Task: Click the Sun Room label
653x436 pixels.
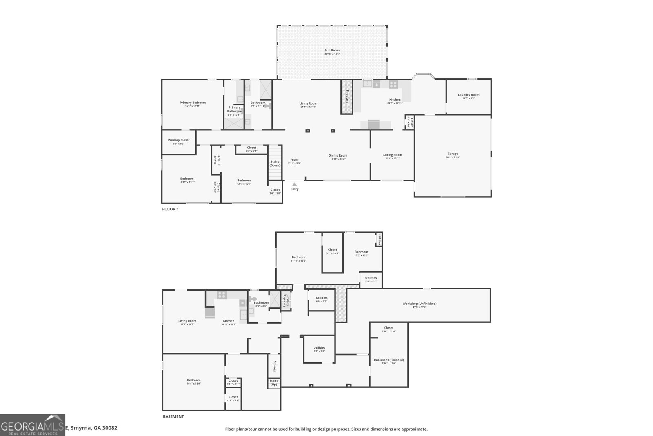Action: coord(332,51)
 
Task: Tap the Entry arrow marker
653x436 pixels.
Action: coord(294,184)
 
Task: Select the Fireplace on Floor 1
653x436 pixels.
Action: coord(347,97)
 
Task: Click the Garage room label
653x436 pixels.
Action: coord(453,154)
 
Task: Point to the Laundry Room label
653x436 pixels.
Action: coord(469,95)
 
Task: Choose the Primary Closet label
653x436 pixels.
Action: coord(179,140)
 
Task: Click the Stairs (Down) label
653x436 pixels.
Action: coord(275,163)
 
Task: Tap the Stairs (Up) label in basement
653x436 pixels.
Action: coord(274,383)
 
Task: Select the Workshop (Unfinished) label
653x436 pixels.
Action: coord(419,304)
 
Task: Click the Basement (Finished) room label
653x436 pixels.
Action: coord(389,360)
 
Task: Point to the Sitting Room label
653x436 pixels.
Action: coord(392,155)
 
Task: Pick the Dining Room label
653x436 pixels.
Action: coord(338,155)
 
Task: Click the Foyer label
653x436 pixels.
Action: coord(294,160)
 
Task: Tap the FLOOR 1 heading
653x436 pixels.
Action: coord(171,209)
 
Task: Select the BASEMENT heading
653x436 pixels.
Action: coord(173,417)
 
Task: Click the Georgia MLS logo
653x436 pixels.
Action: coord(33,425)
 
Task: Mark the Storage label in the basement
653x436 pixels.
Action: coord(275,366)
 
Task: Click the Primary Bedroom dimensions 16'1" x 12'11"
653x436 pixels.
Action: coord(193,106)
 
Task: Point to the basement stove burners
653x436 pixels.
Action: coord(222,294)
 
